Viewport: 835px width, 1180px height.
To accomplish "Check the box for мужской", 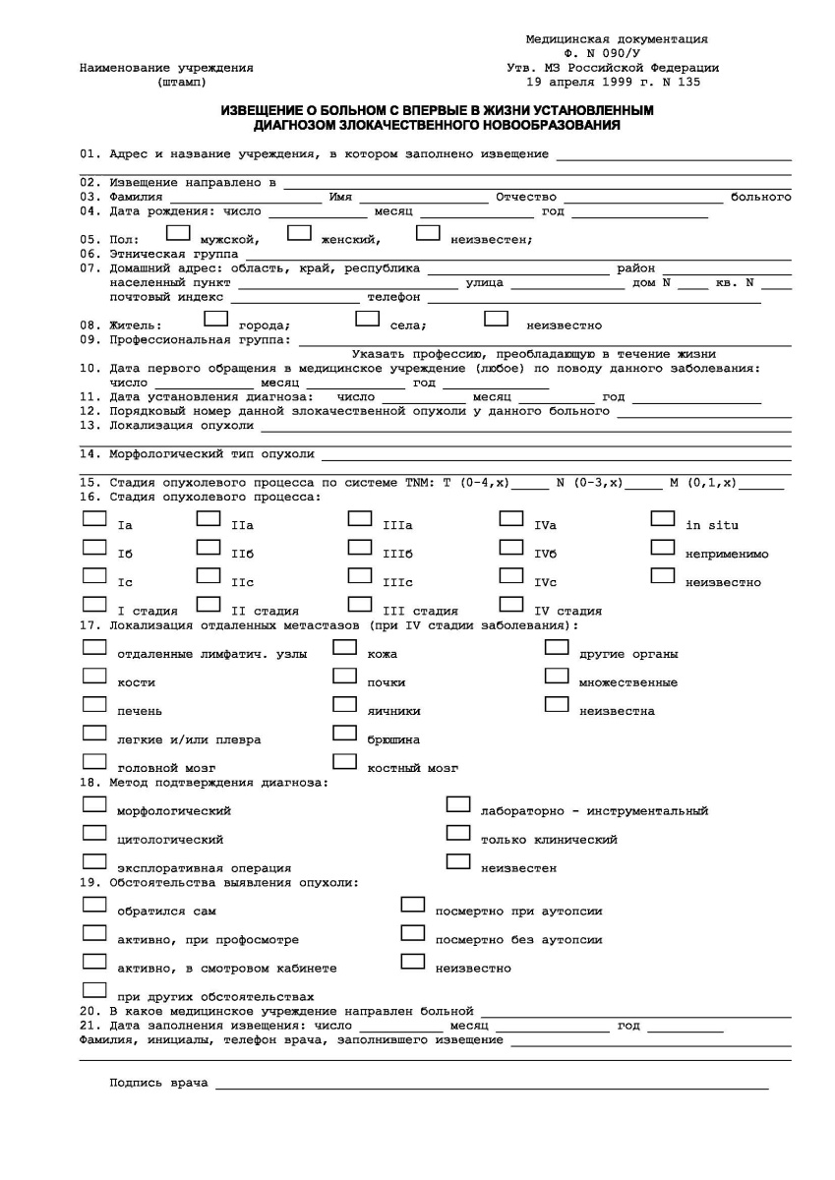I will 178,234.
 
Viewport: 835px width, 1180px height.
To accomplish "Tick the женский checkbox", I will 299,234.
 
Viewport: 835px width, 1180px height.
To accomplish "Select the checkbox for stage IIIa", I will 360,518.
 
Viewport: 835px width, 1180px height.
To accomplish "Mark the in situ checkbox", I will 663,518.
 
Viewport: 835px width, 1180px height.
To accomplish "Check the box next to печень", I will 94,704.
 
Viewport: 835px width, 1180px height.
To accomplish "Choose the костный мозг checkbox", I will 344,761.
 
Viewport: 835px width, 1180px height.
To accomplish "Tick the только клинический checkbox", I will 457,833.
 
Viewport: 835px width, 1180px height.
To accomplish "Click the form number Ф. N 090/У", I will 617,54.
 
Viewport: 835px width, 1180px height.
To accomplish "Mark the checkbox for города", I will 215,319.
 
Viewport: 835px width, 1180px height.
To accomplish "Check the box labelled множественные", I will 557,676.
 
